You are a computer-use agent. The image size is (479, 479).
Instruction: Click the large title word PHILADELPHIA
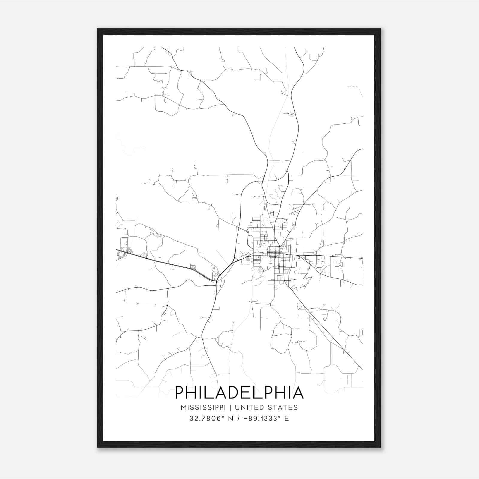coord(239,392)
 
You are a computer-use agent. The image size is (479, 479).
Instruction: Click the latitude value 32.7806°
coord(207,419)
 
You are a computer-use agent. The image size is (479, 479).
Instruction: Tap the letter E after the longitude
coord(287,419)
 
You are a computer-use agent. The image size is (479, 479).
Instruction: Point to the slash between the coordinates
coord(239,419)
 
